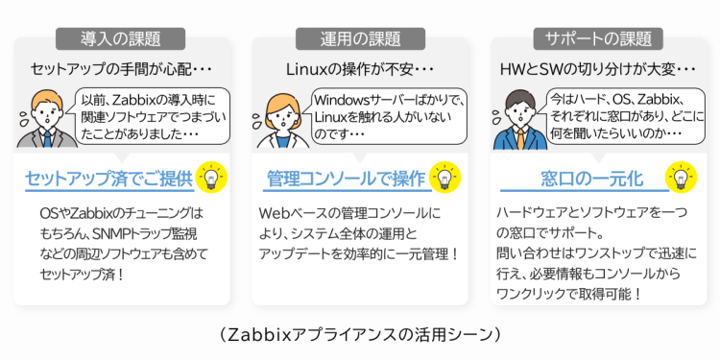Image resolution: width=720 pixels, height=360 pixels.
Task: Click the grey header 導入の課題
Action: pos(120,38)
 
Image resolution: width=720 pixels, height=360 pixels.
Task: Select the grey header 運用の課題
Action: pos(360,38)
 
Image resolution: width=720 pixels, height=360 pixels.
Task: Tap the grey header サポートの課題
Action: pos(597,38)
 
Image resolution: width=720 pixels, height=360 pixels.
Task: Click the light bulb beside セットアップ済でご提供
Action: pos(214,179)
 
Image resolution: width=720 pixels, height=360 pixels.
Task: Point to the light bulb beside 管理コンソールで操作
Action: pos(444,179)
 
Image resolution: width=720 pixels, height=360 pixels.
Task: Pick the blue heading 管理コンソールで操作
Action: pos(345,180)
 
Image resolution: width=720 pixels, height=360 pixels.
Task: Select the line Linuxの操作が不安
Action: pos(357,70)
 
